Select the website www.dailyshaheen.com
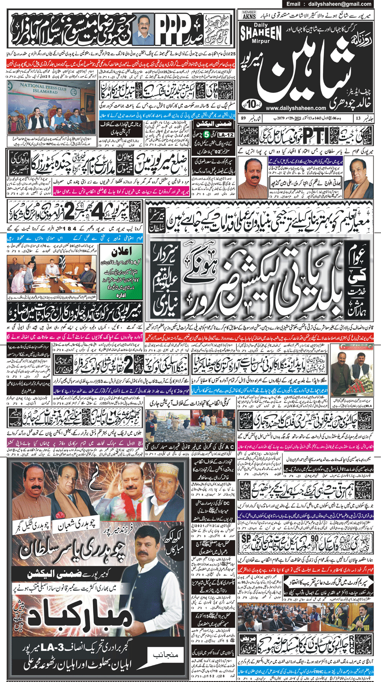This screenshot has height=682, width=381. click(296, 107)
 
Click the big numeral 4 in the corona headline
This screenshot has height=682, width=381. click(89, 205)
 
